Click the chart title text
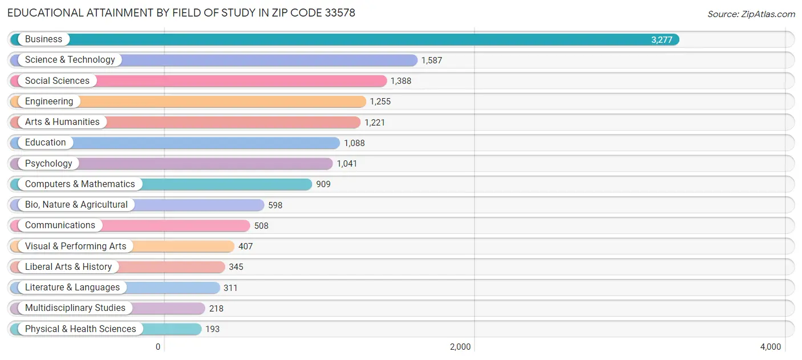[181, 13]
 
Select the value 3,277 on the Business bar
[662, 40]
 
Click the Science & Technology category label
[70, 60]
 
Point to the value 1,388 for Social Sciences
[400, 81]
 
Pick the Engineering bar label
[49, 102]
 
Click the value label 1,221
[375, 122]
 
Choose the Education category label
[45, 143]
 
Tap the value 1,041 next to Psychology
[347, 164]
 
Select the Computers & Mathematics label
[80, 184]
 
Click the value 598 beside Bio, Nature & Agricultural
[275, 205]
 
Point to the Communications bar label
[60, 225]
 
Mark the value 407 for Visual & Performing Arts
[245, 246]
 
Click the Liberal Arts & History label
[68, 267]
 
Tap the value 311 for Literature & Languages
[230, 288]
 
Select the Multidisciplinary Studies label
[75, 308]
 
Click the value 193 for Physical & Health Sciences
[212, 329]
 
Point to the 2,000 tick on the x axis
[460, 347]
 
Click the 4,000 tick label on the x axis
[770, 347]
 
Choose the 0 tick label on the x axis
[159, 347]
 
